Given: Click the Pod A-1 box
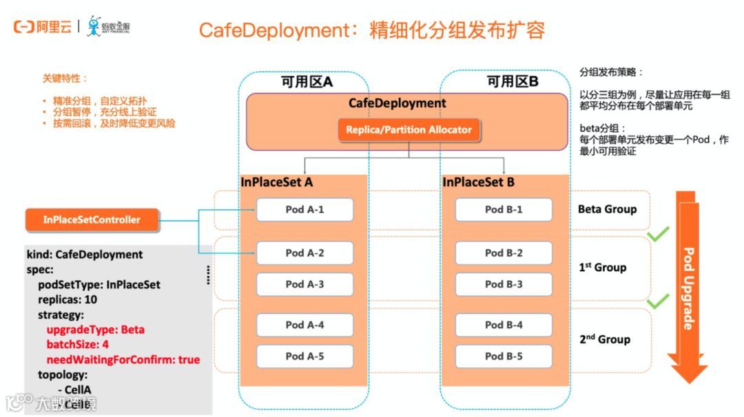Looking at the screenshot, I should [x=304, y=209].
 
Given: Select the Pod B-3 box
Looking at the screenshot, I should [x=504, y=284].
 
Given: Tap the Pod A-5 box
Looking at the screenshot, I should [x=304, y=356].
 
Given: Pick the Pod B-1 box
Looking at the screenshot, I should [x=504, y=209].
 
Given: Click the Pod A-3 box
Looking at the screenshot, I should [x=304, y=284].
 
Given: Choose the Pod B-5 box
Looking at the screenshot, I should [x=504, y=356].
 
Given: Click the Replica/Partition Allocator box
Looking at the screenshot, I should [x=409, y=129].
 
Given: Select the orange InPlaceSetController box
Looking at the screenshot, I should [x=92, y=220].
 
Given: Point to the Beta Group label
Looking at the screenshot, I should [x=607, y=209].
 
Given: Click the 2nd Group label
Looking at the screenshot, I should [x=605, y=339].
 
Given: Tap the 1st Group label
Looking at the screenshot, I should [x=602, y=267].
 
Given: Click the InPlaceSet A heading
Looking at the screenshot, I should [x=276, y=182].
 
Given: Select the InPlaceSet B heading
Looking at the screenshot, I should [x=478, y=182].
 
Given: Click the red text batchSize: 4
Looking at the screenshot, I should [x=78, y=344].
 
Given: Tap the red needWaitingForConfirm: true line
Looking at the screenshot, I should [x=123, y=359].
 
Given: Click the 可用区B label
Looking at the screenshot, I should [x=513, y=82].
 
